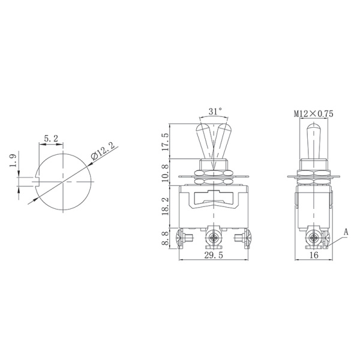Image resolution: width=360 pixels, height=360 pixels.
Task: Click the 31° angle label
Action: point(215,112)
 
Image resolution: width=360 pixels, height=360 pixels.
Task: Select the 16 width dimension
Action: point(313,256)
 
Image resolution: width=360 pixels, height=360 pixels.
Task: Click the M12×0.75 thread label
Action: point(313,112)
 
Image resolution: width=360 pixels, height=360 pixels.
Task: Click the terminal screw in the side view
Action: point(313,239)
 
